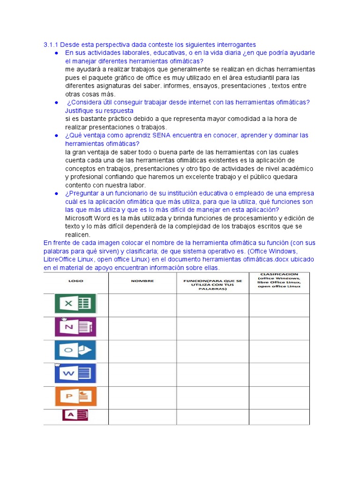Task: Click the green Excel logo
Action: point(75,303)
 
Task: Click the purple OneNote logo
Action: point(75,327)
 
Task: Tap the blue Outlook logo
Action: point(75,350)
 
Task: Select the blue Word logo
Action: point(75,373)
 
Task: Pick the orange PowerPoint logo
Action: point(75,396)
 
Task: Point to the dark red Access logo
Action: point(75,415)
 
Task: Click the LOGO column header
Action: point(75,281)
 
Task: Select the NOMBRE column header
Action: point(142,281)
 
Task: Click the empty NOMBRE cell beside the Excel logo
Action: point(142,305)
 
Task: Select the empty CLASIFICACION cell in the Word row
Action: point(279,374)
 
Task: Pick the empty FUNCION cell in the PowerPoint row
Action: point(212,397)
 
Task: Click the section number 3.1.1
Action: point(50,45)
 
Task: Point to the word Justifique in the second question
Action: point(80,111)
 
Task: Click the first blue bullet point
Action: point(56,53)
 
